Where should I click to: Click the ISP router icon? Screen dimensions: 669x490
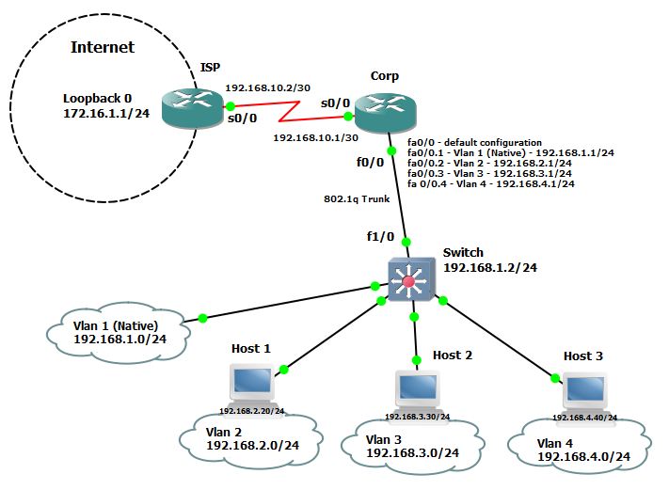pos(193,108)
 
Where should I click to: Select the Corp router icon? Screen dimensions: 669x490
pos(385,114)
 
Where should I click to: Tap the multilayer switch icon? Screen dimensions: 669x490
pos(411,279)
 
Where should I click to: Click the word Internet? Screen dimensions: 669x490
pos(103,47)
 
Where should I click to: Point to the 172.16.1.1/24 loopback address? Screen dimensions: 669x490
pos(106,113)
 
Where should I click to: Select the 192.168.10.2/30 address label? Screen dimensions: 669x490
pos(267,87)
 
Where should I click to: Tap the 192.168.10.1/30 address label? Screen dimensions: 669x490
pos(316,137)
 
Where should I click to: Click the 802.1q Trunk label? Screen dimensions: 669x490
pos(357,198)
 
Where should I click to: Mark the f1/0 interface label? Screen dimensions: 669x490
pos(380,236)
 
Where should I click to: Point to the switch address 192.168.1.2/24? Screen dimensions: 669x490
pos(490,267)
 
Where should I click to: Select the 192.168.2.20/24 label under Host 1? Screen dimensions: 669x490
pos(252,411)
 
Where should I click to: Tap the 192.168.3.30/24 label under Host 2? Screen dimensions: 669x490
pos(417,417)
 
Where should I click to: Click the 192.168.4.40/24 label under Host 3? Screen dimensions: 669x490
pos(585,418)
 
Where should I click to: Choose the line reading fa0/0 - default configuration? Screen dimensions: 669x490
pos(474,142)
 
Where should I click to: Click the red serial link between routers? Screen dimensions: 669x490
pos(289,111)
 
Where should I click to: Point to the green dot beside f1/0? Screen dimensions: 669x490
pos(406,243)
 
